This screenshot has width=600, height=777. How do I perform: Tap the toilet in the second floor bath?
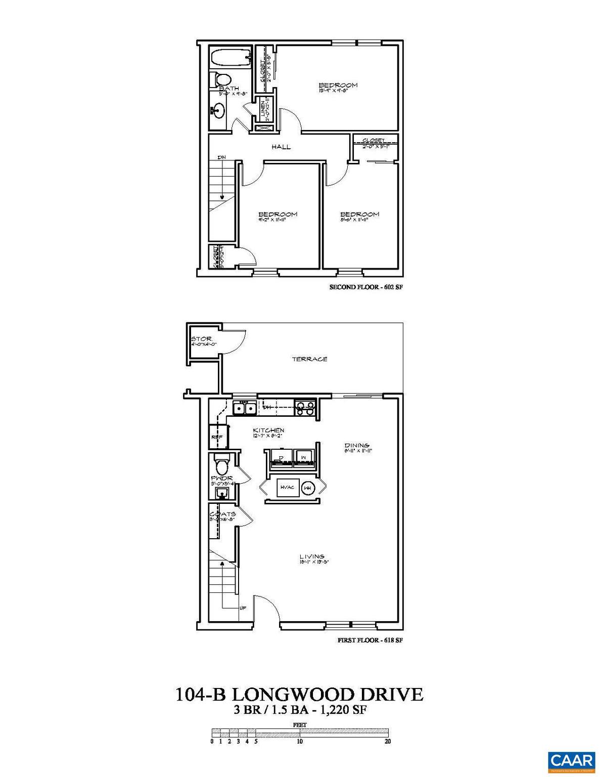(221, 79)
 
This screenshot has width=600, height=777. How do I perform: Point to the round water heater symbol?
(307, 488)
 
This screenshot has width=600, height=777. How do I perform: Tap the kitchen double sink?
(244, 407)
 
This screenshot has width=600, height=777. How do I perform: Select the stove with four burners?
(305, 407)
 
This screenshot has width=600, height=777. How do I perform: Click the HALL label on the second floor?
(281, 147)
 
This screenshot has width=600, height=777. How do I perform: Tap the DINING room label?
(357, 446)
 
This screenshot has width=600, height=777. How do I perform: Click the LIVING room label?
(311, 556)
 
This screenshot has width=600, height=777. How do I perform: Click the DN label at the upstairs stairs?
(221, 158)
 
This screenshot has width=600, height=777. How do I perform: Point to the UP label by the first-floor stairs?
(243, 608)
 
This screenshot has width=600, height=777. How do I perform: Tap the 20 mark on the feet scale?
(388, 742)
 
